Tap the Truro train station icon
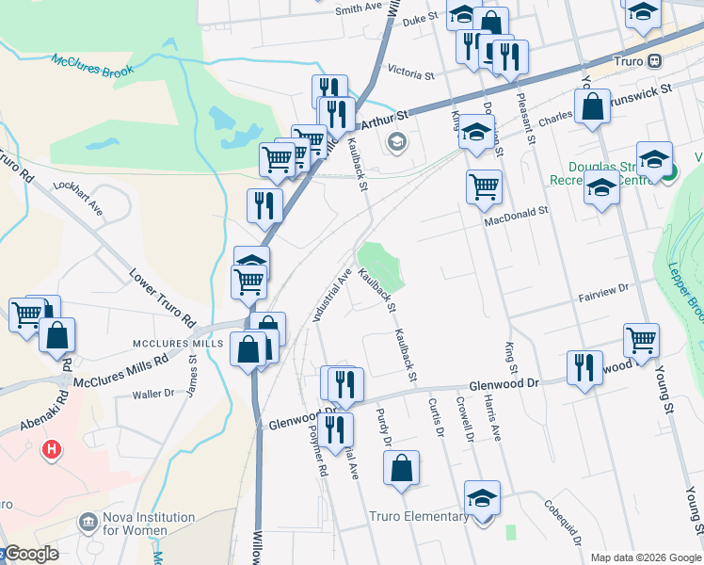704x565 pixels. tap(656, 61)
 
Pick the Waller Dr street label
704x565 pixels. tap(154, 394)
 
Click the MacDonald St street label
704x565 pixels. tap(516, 217)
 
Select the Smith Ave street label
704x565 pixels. tap(359, 9)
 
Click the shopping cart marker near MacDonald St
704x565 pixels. tap(484, 186)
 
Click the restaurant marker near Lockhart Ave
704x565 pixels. tap(264, 204)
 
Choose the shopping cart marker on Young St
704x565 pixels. tap(641, 339)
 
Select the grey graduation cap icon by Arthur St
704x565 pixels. tap(396, 142)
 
